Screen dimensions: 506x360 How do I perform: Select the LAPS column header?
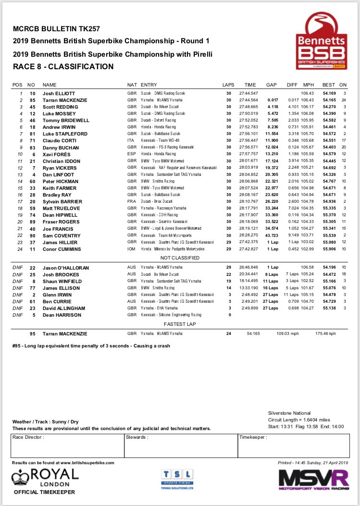229,84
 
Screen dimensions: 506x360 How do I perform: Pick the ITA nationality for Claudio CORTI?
131,140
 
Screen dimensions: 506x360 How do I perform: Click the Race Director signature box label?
29,437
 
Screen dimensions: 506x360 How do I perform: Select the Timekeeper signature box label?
253,437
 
